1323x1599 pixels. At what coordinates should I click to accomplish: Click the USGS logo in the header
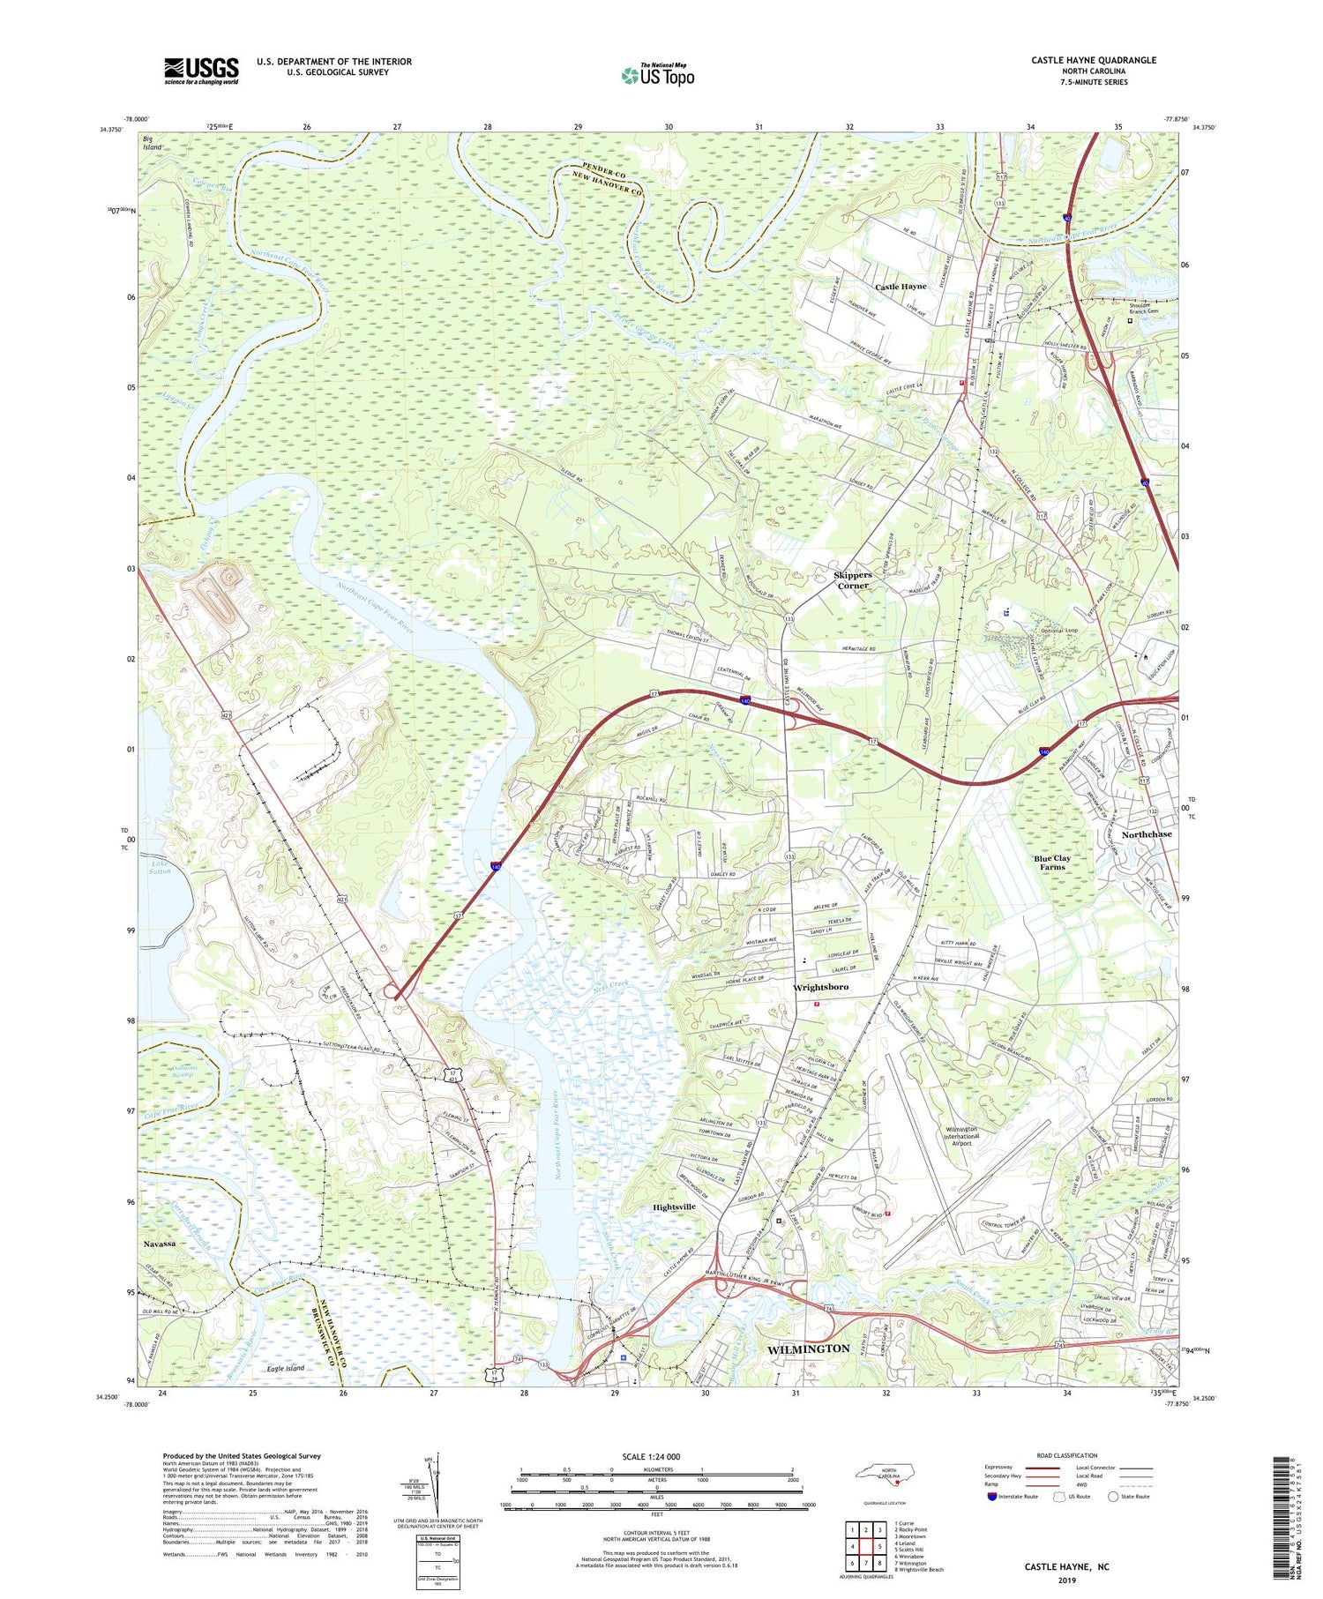click(x=201, y=71)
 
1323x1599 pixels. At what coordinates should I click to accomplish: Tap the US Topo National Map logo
click(x=658, y=75)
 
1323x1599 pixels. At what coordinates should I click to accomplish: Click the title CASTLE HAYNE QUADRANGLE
click(x=1093, y=60)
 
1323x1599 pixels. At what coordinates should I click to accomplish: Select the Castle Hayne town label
click(x=901, y=287)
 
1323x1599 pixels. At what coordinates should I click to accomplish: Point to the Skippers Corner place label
click(x=852, y=580)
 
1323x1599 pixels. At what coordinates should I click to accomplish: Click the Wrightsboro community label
click(x=820, y=987)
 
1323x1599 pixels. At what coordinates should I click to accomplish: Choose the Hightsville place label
click(x=674, y=1207)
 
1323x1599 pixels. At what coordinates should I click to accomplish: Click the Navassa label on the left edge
click(x=159, y=1243)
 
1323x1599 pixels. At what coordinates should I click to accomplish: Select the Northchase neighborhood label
click(x=1147, y=833)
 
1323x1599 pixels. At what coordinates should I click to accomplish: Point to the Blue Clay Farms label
click(x=1052, y=862)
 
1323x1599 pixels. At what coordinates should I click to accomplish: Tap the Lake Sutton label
click(x=160, y=867)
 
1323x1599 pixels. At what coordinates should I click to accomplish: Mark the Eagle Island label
click(x=285, y=1368)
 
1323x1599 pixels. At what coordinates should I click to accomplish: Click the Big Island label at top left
click(x=153, y=143)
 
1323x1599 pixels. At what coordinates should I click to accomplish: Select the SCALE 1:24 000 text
click(x=651, y=1456)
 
